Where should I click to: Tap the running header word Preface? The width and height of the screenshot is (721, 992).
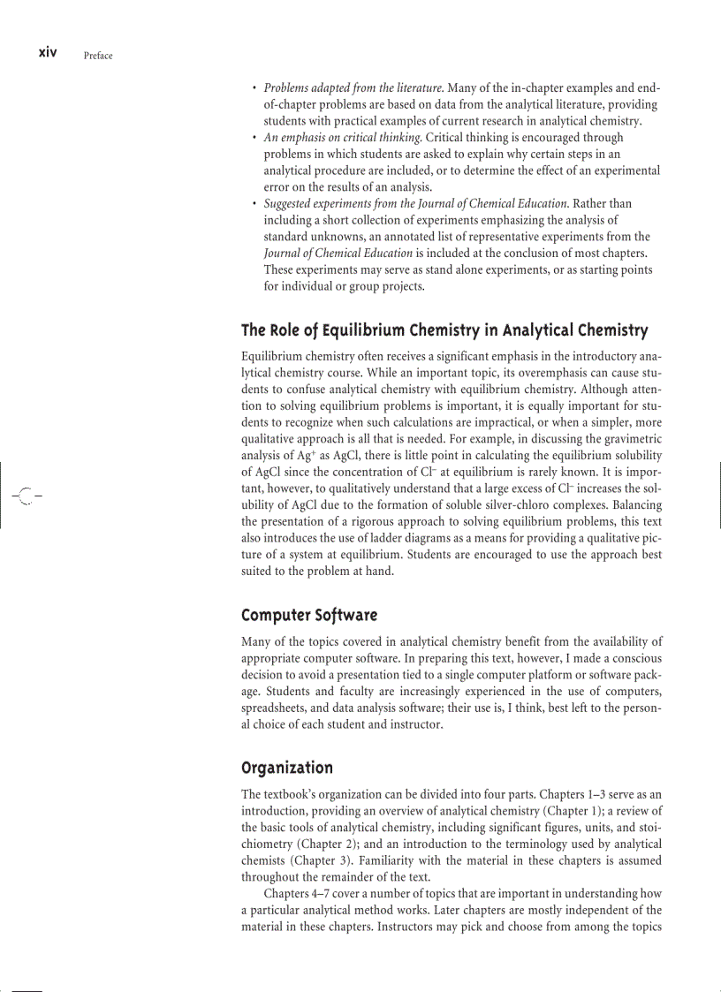98,56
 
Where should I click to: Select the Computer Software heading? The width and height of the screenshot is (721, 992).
309,614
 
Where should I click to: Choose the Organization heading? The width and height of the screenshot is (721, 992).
287,767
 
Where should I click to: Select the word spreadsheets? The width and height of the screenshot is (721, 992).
283,708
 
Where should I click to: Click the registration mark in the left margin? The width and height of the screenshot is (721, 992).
27,496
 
